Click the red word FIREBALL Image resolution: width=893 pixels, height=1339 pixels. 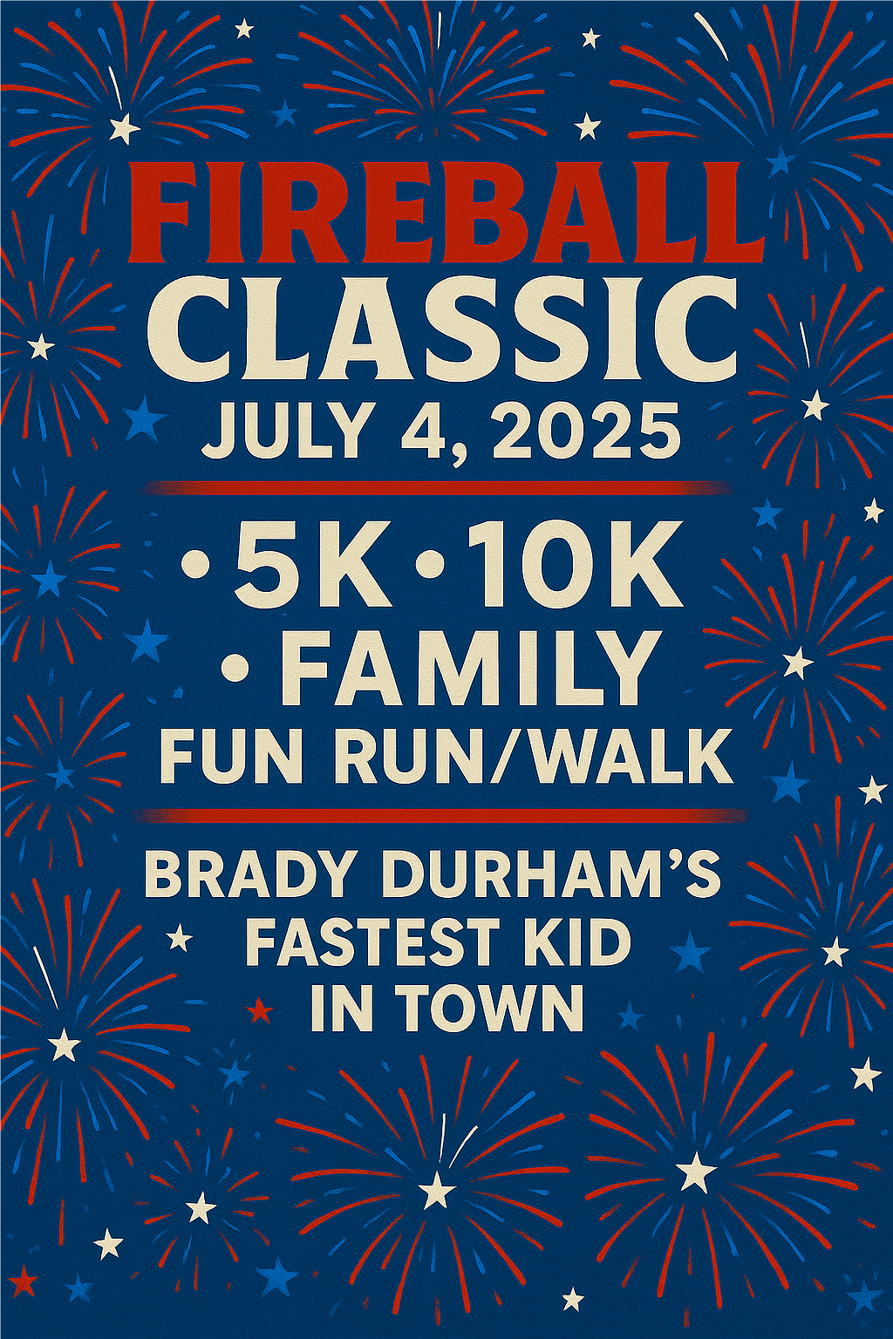pos(446,213)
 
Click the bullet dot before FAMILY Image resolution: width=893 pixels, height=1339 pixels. pos(239,668)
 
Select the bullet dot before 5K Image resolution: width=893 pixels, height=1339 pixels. pos(195,563)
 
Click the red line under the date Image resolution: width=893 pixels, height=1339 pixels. pos(435,488)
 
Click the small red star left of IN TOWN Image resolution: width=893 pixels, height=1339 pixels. pos(262,1010)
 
